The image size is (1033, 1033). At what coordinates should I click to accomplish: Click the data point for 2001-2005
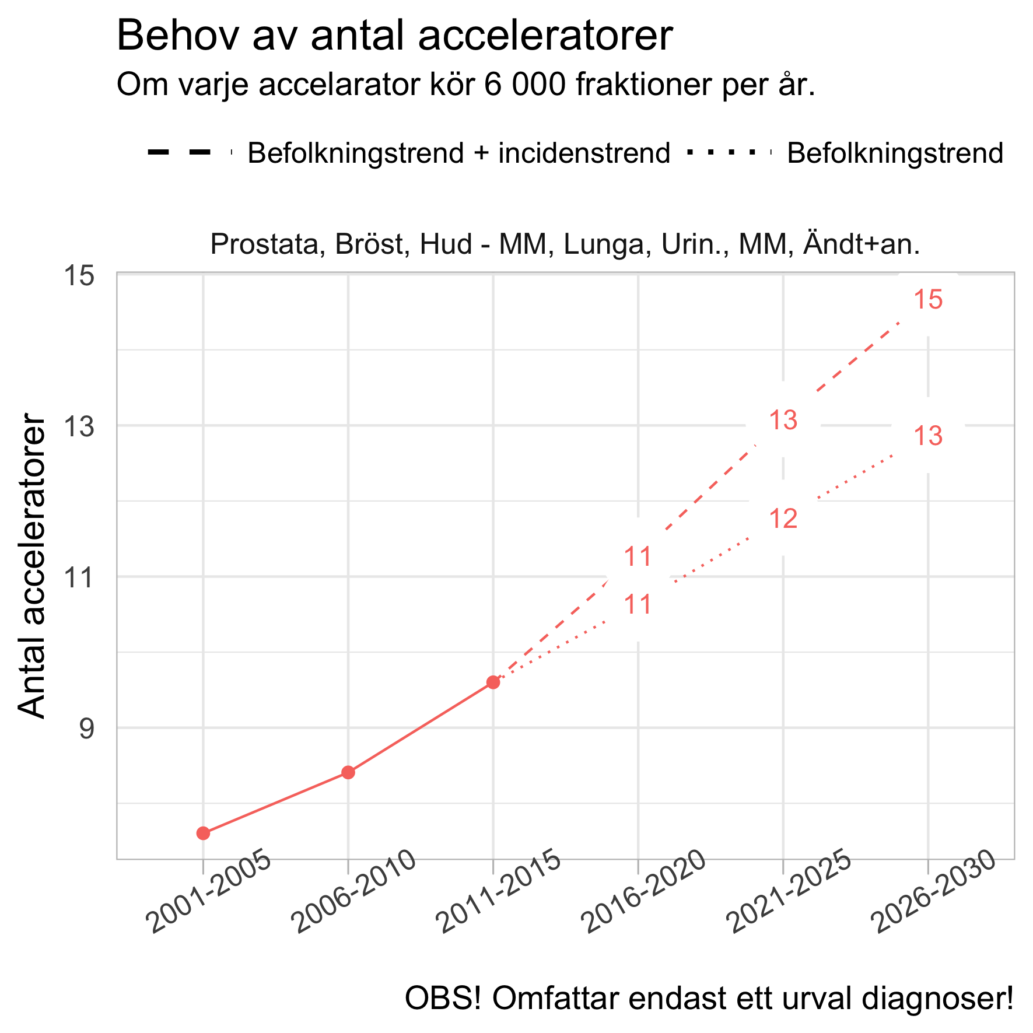click(x=203, y=833)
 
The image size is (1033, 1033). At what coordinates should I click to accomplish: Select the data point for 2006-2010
click(x=348, y=772)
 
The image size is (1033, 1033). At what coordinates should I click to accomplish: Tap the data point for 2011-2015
click(x=493, y=682)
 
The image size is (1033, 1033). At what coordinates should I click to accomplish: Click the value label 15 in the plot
click(x=928, y=300)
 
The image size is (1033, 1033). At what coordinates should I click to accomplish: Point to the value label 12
click(x=783, y=519)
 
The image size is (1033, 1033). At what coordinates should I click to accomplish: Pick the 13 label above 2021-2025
click(x=783, y=421)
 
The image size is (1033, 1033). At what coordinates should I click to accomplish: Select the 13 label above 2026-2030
click(x=928, y=436)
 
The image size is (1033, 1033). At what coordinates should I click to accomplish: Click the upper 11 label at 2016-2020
click(x=638, y=557)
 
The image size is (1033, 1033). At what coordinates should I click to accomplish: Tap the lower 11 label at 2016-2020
click(x=638, y=605)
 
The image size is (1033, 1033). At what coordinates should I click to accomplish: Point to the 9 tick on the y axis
click(x=86, y=729)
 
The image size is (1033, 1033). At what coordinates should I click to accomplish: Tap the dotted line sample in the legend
click(x=729, y=153)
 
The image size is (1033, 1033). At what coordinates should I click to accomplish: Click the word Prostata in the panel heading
click(x=267, y=244)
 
